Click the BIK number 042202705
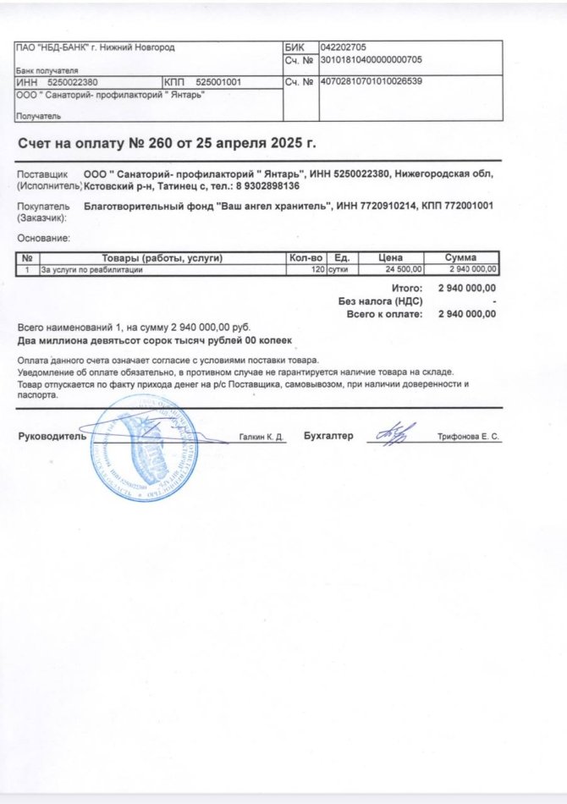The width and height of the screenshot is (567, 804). pyautogui.click(x=344, y=47)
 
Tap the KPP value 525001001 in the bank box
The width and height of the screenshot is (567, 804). pyautogui.click(x=218, y=82)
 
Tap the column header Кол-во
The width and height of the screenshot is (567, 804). pyautogui.click(x=306, y=258)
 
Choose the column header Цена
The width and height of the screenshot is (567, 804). pyautogui.click(x=390, y=258)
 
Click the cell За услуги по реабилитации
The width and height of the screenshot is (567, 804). pyautogui.click(x=92, y=269)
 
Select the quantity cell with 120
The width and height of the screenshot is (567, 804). pyautogui.click(x=318, y=269)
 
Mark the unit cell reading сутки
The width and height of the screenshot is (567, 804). pyautogui.click(x=343, y=269)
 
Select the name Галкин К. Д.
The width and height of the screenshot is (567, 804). pyautogui.click(x=261, y=438)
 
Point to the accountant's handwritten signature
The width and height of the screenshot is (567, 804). pyautogui.click(x=391, y=434)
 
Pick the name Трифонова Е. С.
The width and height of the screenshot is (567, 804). pyautogui.click(x=469, y=438)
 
